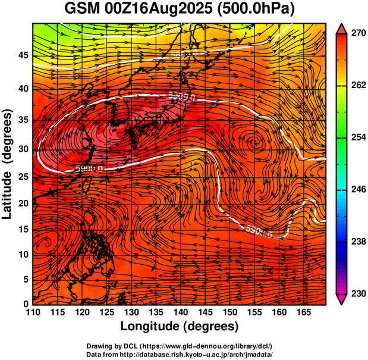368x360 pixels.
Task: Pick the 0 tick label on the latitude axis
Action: [27, 304]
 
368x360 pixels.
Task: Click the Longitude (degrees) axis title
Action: [180, 326]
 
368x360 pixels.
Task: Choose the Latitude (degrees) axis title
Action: [8, 163]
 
